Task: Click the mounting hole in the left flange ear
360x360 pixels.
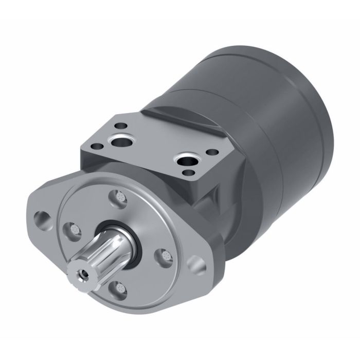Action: click(41, 217)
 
